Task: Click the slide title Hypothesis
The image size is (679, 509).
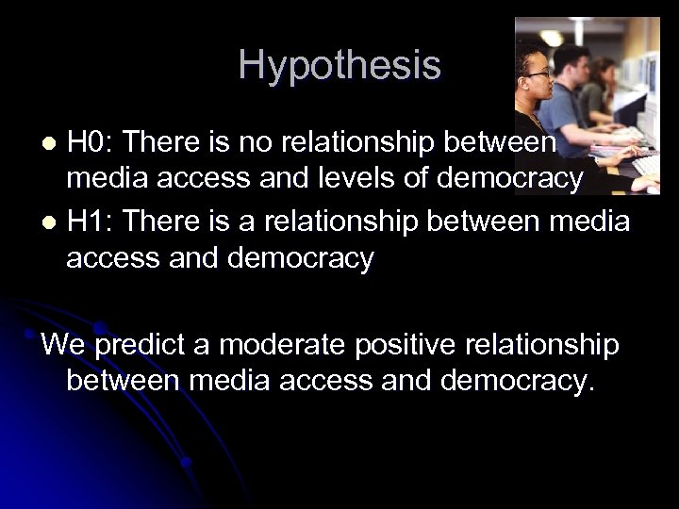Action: pyautogui.click(x=339, y=66)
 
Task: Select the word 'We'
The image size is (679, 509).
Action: pyautogui.click(x=63, y=345)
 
